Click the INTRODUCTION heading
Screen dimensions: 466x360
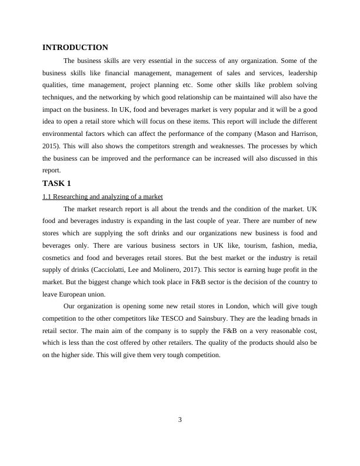click(x=75, y=48)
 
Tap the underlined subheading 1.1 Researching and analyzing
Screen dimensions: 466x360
click(x=103, y=196)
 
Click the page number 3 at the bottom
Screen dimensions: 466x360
click(x=180, y=420)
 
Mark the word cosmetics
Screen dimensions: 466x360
click(x=59, y=258)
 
